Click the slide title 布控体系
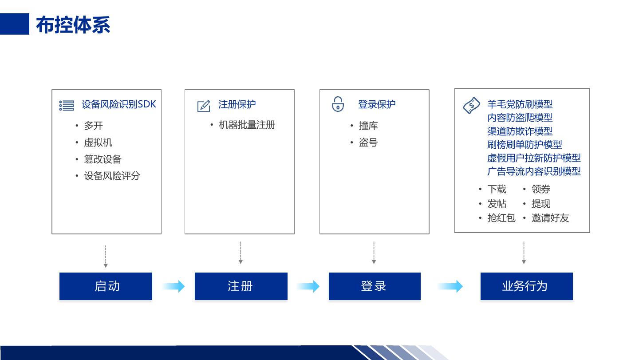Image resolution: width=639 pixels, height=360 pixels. coord(73,24)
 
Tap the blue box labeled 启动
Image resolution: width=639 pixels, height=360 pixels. coord(106,286)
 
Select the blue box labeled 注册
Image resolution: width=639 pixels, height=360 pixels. coord(241,286)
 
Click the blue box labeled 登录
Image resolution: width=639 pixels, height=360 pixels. coord(375,286)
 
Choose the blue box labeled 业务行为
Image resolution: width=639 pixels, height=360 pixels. coord(526,286)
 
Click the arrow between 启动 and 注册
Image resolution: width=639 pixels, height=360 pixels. coord(174,286)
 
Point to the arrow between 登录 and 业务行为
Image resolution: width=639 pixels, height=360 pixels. coord(450,286)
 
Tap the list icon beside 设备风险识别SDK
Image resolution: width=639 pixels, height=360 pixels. coord(67,106)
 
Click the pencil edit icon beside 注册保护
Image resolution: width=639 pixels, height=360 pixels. coord(203,106)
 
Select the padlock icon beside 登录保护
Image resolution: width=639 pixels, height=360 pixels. coord(338,104)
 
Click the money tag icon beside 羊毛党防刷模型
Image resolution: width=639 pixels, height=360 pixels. coord(471,106)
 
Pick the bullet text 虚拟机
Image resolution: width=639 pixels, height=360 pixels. coord(98,142)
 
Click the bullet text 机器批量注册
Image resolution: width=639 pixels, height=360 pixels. coord(247,125)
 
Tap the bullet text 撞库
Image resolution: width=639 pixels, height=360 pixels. coord(368,126)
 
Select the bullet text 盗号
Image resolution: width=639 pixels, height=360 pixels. coord(368,142)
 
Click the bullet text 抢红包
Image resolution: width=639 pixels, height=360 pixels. coord(501,218)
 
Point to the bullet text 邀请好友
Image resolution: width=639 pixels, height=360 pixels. coord(550,218)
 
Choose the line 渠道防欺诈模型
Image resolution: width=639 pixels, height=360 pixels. coord(520,131)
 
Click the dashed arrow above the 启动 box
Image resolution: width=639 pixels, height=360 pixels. coord(106,256)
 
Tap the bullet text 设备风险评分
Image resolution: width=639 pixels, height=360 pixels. coord(112,176)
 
